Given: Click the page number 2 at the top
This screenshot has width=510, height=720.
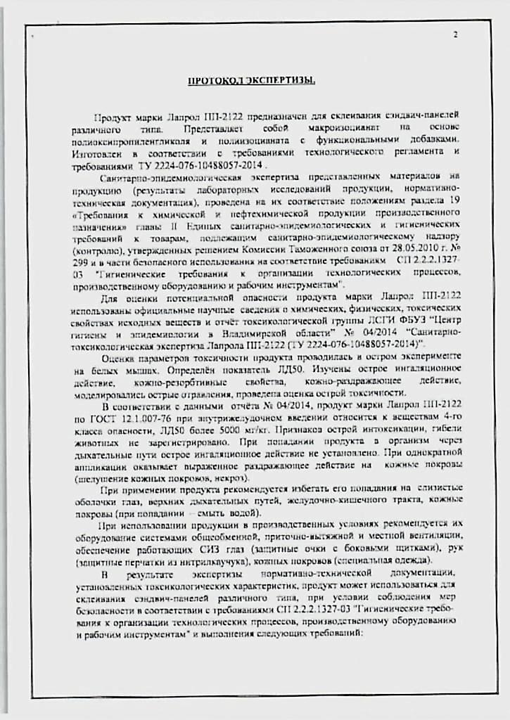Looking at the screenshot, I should point(455,35).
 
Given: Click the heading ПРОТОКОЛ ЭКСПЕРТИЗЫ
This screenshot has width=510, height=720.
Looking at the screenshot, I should point(251,81).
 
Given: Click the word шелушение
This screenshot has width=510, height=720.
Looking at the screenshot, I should point(99,478).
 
